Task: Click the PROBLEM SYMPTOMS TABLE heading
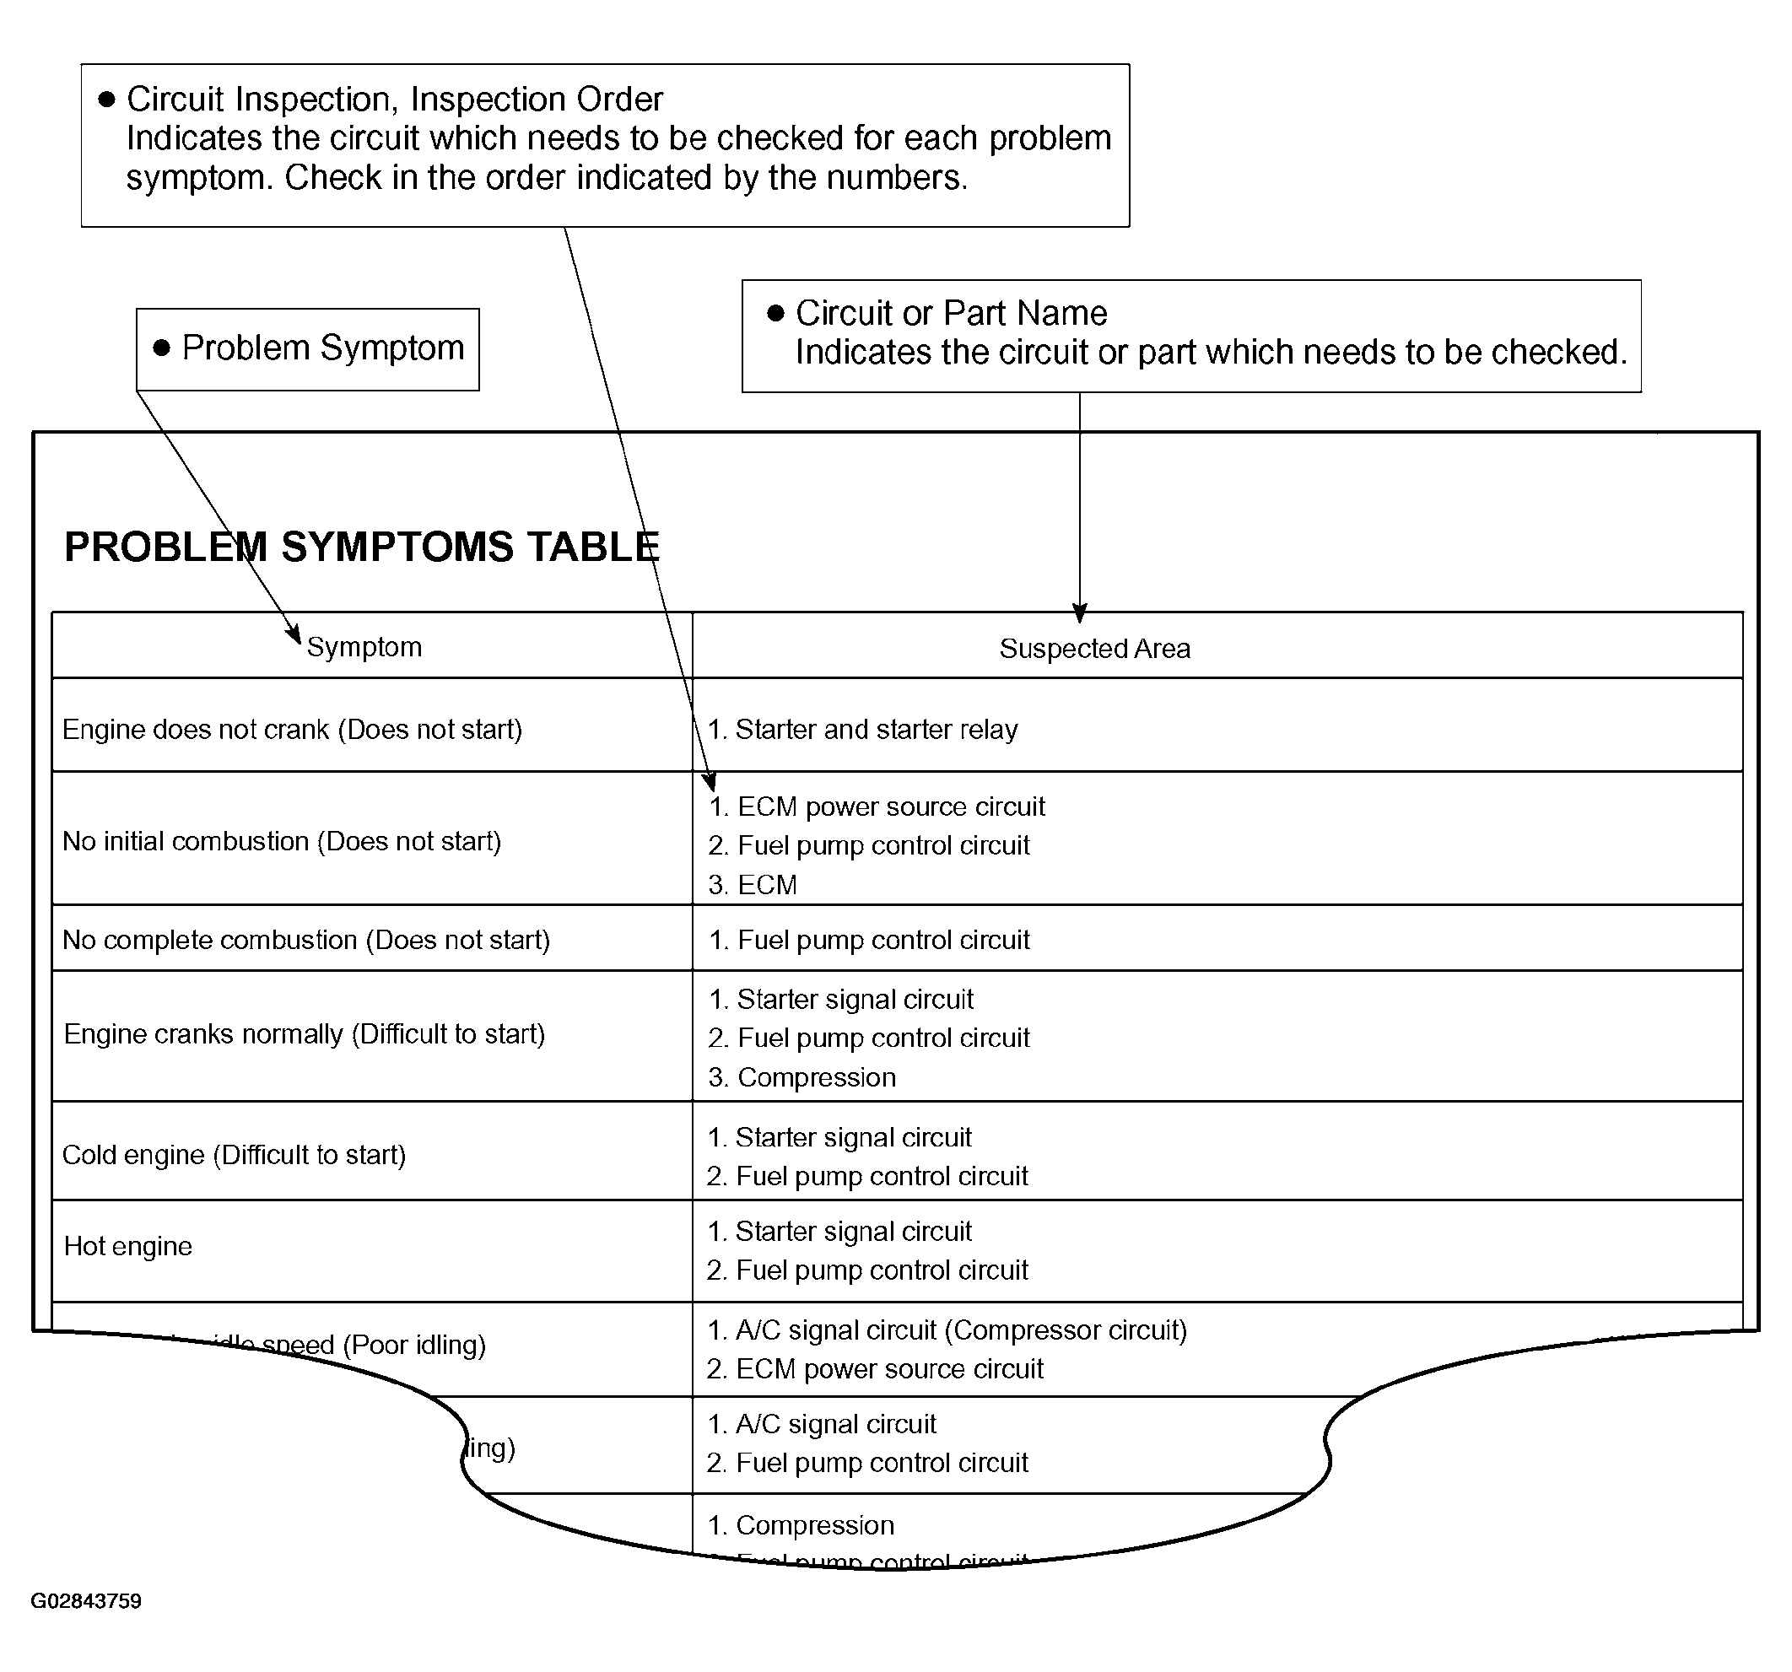tap(361, 547)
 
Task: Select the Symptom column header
tap(364, 647)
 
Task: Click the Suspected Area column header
tap(1094, 649)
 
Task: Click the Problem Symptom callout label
tap(322, 348)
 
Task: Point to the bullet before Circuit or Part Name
tap(775, 314)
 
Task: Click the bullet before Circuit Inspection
tap(106, 100)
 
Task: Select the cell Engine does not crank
tap(292, 729)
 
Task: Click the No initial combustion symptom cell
tap(281, 841)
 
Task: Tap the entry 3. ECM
tap(753, 884)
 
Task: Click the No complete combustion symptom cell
tap(305, 939)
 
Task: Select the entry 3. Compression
tap(802, 1077)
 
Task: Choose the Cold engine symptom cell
tap(234, 1155)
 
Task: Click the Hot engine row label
tap(128, 1246)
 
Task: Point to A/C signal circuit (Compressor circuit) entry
tap(947, 1330)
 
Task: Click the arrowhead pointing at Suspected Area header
tap(1080, 613)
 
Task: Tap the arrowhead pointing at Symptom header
tap(293, 634)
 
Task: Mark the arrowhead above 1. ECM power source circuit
tap(710, 781)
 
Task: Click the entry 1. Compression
tap(802, 1525)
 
